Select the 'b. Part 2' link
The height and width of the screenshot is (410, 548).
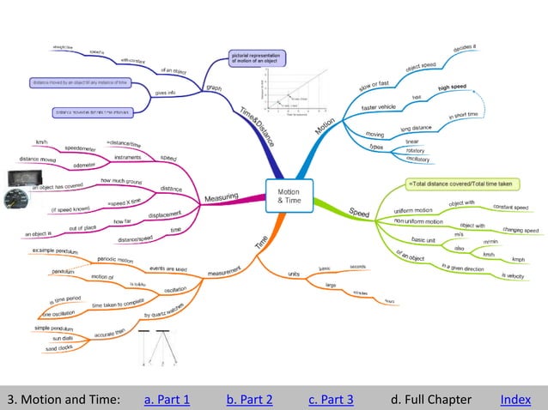(249, 399)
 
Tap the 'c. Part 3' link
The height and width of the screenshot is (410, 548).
(331, 399)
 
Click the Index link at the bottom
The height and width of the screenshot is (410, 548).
(515, 399)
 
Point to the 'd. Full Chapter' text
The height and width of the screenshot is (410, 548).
(430, 399)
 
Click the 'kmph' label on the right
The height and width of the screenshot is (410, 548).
(518, 259)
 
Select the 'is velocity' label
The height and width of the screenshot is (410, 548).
(510, 275)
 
